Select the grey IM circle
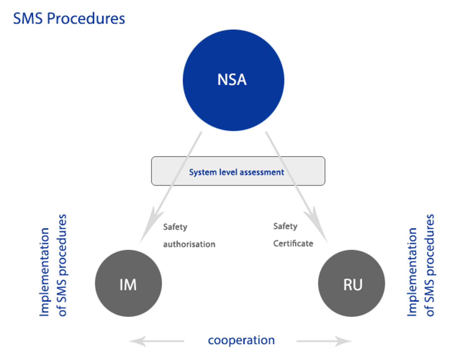128,283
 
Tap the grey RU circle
351,283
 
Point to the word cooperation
241,340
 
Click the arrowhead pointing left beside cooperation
138,341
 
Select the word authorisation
189,244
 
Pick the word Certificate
293,243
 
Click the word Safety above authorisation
175,227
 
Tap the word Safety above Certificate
285,226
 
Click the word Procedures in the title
86,19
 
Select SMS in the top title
28,19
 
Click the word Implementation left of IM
45,272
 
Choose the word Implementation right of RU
412,272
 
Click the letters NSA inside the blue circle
232,80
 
